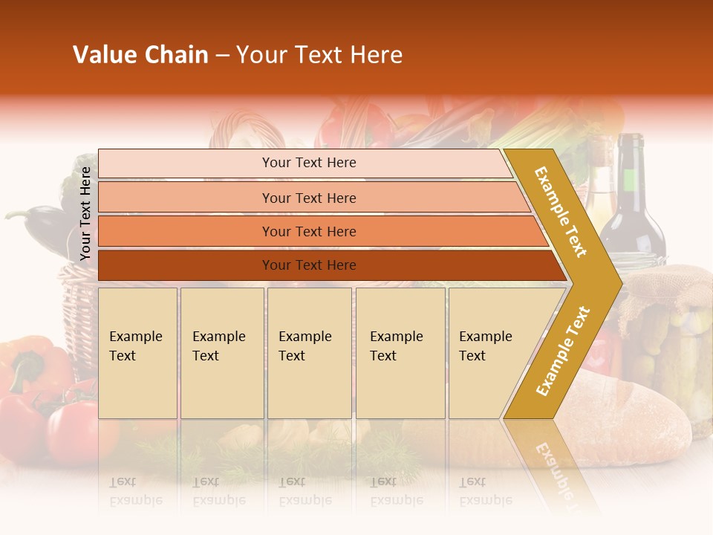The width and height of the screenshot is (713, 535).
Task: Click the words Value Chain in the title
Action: click(140, 55)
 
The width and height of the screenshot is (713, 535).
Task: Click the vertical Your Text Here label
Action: click(85, 213)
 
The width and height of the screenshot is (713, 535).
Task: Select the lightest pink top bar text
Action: click(309, 163)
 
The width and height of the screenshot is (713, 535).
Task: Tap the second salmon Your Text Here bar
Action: click(309, 198)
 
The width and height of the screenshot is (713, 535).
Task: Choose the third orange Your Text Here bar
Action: click(309, 231)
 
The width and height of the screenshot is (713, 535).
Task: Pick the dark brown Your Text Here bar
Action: click(309, 265)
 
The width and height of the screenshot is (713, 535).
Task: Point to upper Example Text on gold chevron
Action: click(561, 212)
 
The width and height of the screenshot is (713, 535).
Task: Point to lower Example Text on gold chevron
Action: click(563, 351)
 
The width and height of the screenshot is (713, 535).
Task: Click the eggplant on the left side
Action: click(41, 223)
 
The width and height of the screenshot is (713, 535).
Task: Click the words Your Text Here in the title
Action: click(319, 55)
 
